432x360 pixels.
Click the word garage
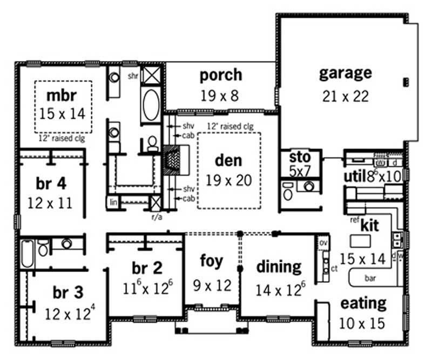coord(345,73)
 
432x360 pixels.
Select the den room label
coord(229,160)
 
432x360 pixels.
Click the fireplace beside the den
coord(174,160)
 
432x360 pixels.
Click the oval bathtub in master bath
coord(151,103)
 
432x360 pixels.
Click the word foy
coord(211,262)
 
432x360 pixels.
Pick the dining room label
coord(279,266)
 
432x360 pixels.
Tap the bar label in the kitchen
coord(370,279)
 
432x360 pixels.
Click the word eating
coord(363,303)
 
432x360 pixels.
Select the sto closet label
coord(300,157)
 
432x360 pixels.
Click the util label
coord(355,176)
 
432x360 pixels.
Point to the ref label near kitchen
coord(354,220)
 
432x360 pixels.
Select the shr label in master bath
coord(133,76)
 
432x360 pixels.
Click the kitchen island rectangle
coord(360,240)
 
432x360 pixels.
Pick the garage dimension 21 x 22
coord(343,96)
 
